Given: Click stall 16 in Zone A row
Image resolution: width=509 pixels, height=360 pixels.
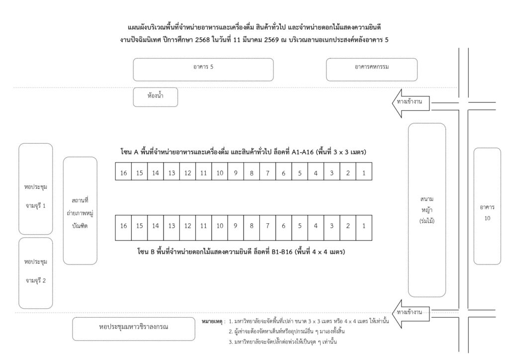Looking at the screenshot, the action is point(123,172).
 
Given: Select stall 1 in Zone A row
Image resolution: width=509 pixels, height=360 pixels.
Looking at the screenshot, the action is point(364,172).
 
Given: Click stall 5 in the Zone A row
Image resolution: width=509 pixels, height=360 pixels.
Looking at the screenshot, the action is point(300,172).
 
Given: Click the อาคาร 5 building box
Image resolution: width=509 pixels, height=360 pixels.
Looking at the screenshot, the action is point(203,70).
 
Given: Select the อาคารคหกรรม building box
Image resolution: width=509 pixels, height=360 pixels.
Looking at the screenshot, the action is point(372,70).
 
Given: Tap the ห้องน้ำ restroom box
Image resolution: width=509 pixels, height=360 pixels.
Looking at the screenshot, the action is point(156,97).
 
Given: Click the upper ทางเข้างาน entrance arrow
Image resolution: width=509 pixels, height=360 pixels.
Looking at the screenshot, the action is point(411,103).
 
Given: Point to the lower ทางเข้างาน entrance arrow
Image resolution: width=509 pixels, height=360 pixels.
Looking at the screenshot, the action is point(411,314).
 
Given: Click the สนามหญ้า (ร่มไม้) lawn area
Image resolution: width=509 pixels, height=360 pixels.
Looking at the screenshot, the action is point(427,210).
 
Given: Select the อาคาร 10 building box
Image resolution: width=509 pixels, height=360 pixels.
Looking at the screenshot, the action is point(487,206).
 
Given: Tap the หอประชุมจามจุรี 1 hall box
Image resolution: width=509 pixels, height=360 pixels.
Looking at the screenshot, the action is point(36,189).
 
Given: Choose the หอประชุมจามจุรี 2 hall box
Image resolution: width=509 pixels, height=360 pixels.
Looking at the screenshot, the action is point(36,273).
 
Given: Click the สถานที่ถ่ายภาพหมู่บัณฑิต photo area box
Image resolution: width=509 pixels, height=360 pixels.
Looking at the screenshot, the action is point(80,211).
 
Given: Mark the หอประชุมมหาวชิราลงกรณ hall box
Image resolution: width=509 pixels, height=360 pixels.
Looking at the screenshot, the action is point(134,329).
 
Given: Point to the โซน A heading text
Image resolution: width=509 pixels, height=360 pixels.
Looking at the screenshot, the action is point(243,152).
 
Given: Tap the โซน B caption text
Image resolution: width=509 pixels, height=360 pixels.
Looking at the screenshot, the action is point(241,252).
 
